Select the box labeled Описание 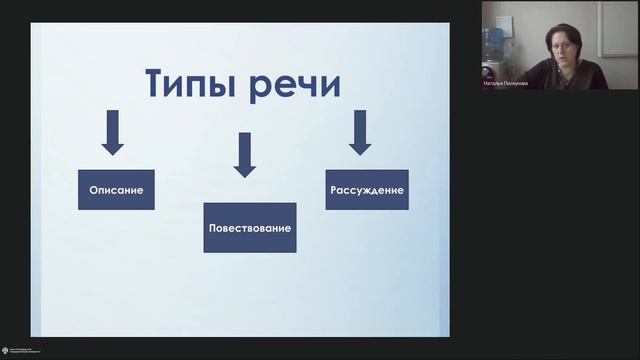[x=115, y=190]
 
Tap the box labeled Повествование [x=250, y=229]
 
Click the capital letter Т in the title [x=158, y=83]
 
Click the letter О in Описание [x=91, y=190]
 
